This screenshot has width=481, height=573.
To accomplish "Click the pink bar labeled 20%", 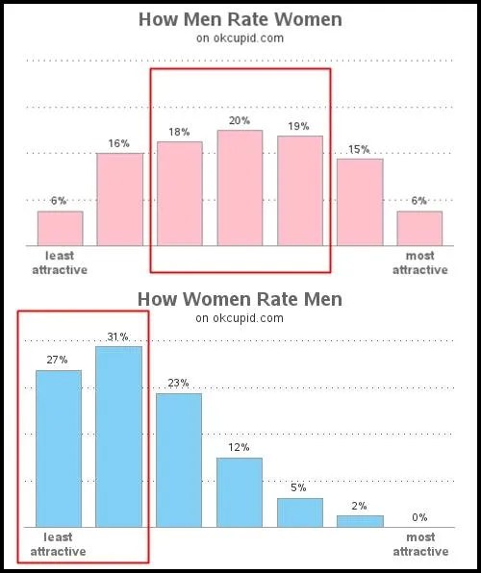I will (x=240, y=187).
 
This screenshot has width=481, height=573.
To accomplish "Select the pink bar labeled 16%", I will (x=119, y=199).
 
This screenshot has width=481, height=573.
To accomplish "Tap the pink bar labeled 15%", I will (x=360, y=202).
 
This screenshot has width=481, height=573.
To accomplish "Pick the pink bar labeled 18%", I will (x=180, y=193).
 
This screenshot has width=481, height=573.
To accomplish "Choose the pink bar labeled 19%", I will (x=300, y=190).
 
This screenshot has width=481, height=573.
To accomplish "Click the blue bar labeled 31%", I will (x=119, y=436).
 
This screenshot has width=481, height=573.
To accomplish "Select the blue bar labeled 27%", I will (x=59, y=448).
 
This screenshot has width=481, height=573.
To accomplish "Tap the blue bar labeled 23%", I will (x=179, y=460).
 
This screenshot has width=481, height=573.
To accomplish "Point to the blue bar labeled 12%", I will (x=240, y=492).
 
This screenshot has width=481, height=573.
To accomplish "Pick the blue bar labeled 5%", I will (x=300, y=512).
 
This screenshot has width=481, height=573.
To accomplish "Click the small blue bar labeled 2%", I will (x=360, y=521).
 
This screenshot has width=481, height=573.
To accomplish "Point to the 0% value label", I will (x=419, y=517).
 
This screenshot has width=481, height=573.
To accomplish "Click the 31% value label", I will (x=119, y=336).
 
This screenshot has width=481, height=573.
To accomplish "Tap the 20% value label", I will (x=240, y=120).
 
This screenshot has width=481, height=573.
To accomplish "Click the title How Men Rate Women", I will (x=240, y=19).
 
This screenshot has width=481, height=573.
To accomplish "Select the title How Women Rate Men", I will (x=240, y=299).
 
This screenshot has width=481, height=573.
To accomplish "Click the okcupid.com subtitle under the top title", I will (x=240, y=38).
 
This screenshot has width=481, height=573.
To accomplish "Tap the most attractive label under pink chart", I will (x=419, y=262).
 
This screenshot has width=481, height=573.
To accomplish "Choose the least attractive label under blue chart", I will (x=58, y=544).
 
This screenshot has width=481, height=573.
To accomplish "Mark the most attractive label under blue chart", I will (x=419, y=544).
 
